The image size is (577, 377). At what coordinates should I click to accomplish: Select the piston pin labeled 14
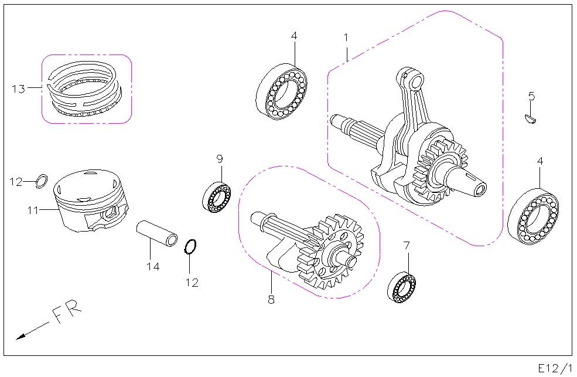157,233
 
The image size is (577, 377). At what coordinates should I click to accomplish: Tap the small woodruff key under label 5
530,119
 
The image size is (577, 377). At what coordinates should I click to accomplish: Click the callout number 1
346,38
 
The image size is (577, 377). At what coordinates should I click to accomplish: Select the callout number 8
271,300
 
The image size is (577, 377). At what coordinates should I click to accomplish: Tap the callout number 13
19,89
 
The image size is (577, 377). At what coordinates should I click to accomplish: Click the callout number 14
153,267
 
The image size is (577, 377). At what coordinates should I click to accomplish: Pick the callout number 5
531,96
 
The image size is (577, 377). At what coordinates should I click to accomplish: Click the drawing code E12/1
555,368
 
